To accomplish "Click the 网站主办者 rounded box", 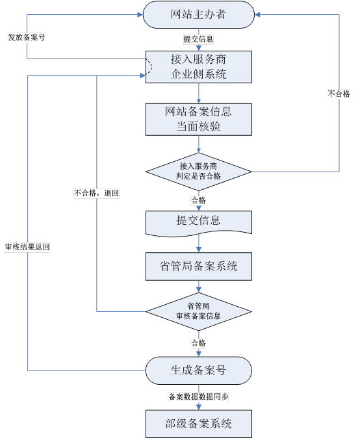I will (198, 15).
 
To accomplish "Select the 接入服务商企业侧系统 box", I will (198, 66).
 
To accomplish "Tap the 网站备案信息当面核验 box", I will (198, 118).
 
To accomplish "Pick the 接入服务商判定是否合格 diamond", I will (198, 172).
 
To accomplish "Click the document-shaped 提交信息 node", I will (198, 222).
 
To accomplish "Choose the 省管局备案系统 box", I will (198, 266).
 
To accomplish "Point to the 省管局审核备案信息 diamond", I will (198, 311).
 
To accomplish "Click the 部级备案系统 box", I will (198, 424).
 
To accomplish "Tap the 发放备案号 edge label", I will (26, 37).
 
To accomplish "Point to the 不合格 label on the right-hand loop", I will (339, 94).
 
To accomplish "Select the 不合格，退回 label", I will (97, 193).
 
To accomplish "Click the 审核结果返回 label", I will (27, 247).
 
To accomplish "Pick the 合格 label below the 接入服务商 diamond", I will (198, 200).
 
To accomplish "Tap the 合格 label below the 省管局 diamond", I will (198, 343).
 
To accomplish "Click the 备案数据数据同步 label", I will (198, 396).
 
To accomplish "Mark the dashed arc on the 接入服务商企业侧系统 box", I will (149, 66).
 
